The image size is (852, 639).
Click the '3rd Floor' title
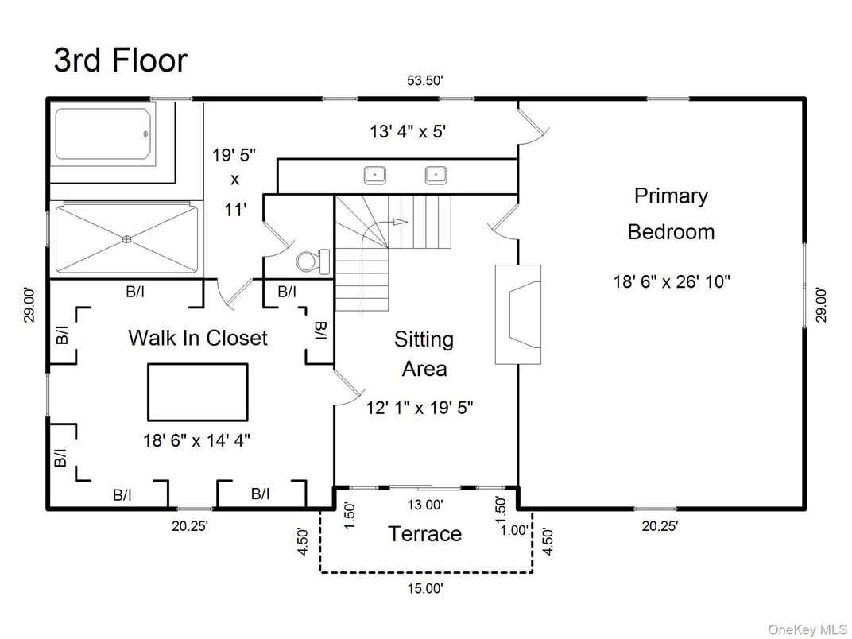tap(121, 60)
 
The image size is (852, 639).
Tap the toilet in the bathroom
tap(313, 261)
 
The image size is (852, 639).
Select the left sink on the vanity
tap(374, 175)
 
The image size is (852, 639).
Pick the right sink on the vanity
tap(436, 175)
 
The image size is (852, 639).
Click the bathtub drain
tap(145, 134)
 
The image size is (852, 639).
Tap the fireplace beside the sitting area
tap(518, 314)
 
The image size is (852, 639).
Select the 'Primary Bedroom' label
tap(671, 214)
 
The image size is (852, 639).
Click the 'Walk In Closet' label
tap(198, 338)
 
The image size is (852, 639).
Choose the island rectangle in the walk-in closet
tap(198, 392)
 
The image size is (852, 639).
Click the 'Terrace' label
tap(425, 533)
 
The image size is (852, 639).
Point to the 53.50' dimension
tap(425, 80)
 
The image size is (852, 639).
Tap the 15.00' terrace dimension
tap(425, 588)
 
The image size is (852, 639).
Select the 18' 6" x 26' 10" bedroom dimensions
tap(672, 281)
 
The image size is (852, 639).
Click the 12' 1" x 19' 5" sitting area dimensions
tap(420, 407)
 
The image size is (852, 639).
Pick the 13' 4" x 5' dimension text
tap(408, 131)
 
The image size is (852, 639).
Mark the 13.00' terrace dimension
tap(425, 505)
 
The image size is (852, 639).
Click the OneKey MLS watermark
tap(807, 629)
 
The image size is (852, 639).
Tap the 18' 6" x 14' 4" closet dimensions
tap(197, 440)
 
